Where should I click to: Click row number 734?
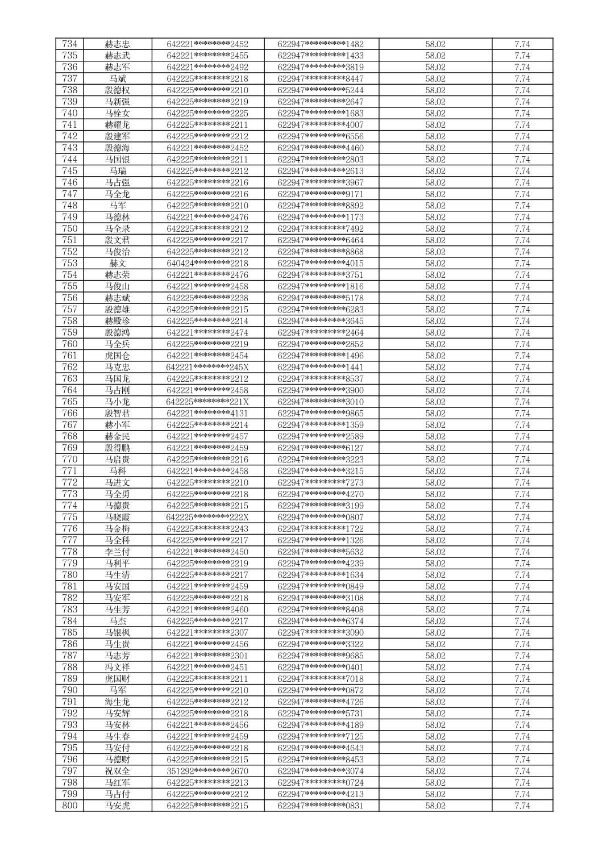(69, 44)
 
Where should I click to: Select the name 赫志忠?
(117, 44)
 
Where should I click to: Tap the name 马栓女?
(117, 113)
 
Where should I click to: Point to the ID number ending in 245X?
(207, 367)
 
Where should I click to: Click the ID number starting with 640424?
(207, 263)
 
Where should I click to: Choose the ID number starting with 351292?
(207, 771)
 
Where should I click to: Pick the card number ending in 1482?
(321, 44)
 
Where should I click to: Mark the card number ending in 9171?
(321, 194)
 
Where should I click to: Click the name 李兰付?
(117, 552)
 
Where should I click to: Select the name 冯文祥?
(117, 667)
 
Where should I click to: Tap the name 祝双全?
(117, 771)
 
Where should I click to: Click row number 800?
(69, 806)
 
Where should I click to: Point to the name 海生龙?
(117, 702)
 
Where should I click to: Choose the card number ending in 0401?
(321, 667)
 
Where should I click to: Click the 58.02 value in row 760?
(435, 344)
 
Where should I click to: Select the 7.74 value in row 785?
(522, 632)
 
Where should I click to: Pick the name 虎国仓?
(117, 356)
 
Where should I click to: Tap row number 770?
(69, 459)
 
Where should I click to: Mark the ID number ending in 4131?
(207, 413)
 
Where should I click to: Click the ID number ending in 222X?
(207, 517)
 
